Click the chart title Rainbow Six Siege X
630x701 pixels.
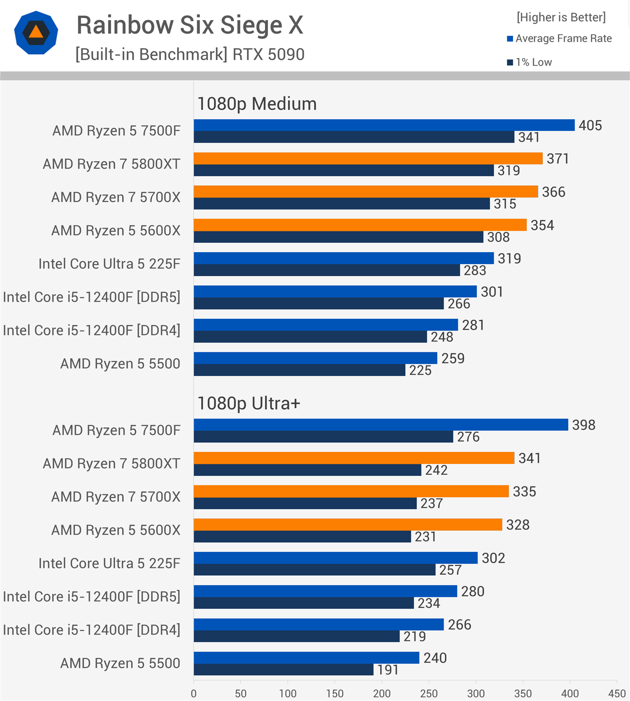[x=190, y=25]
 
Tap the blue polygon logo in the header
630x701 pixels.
[x=36, y=33]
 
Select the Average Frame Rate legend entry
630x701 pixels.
[x=559, y=39]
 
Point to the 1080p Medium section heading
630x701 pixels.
[x=257, y=104]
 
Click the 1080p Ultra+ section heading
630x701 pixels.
[x=249, y=403]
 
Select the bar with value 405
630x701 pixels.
[x=384, y=125]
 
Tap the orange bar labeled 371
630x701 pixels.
[x=367, y=158]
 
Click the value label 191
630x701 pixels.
[x=388, y=670]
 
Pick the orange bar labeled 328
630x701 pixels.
[x=347, y=524]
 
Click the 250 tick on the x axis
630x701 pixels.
[x=428, y=693]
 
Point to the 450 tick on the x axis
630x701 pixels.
[x=617, y=693]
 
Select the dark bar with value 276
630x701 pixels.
[x=323, y=437]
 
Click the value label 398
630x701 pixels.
[x=583, y=425]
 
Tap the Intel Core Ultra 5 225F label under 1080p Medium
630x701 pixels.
[x=109, y=264]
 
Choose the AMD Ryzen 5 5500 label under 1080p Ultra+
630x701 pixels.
[x=120, y=663]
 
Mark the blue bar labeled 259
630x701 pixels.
[x=315, y=358]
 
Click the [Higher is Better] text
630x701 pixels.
[x=561, y=17]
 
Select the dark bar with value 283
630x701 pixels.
[x=326, y=270]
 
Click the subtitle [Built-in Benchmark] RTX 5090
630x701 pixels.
[x=190, y=55]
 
